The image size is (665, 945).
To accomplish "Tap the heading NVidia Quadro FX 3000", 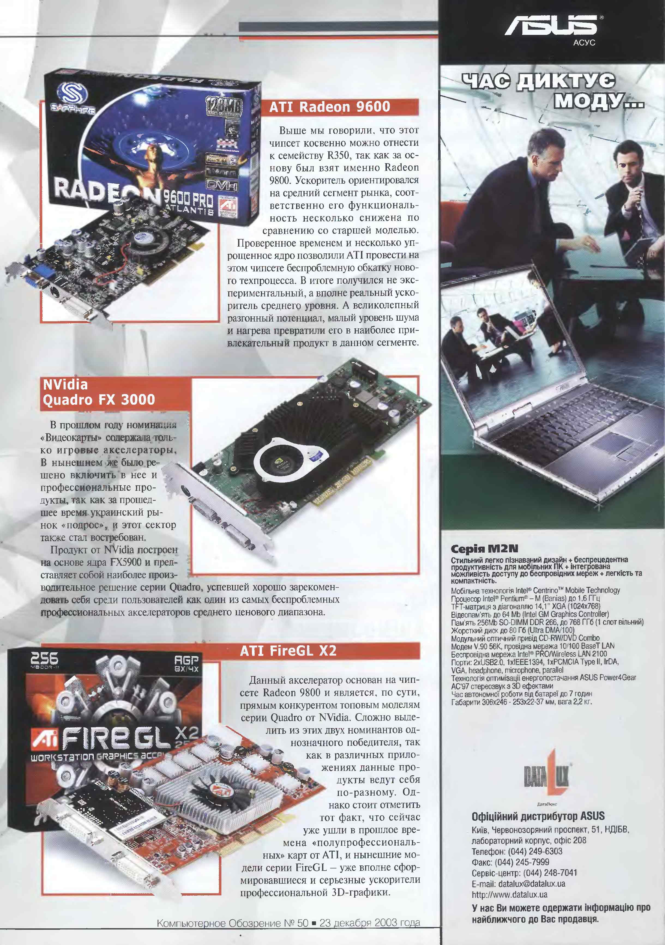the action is (x=99, y=392).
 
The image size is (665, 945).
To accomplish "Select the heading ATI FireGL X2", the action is (x=288, y=651).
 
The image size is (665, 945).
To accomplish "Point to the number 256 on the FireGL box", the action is (x=44, y=658).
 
